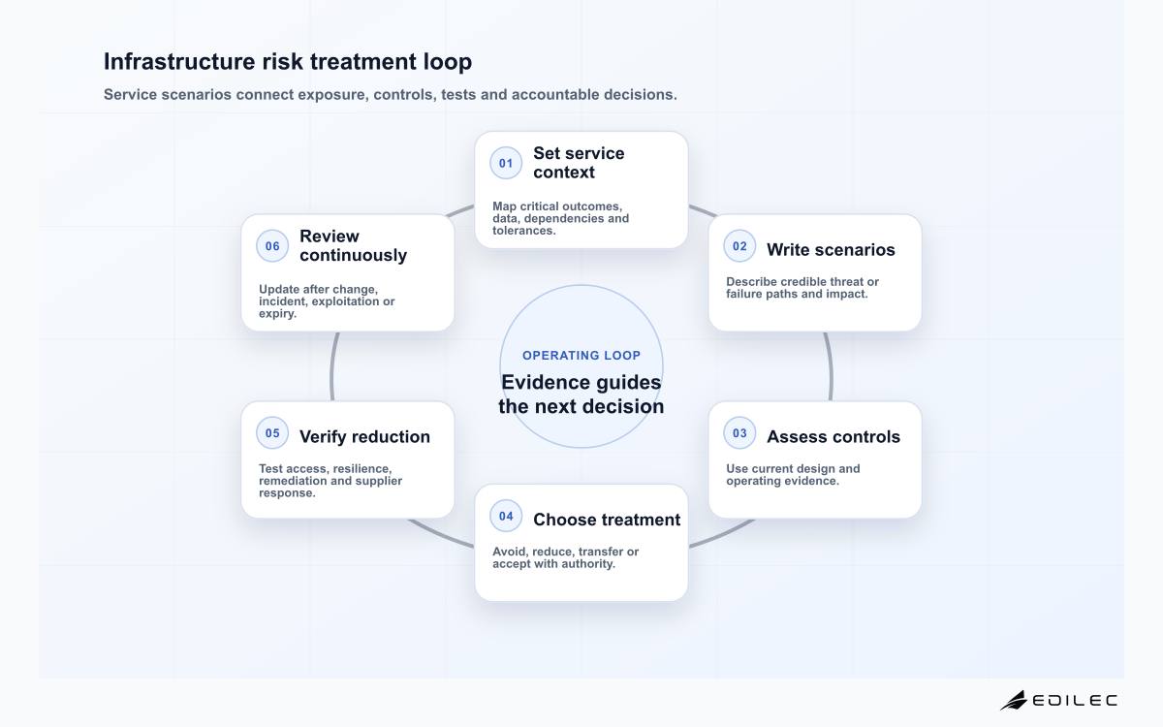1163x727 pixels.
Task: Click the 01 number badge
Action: click(x=506, y=163)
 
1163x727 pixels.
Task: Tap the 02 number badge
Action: click(x=739, y=246)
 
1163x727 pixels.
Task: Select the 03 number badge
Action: click(x=739, y=433)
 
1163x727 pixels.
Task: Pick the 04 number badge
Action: click(x=506, y=516)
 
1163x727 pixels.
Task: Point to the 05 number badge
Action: click(x=272, y=433)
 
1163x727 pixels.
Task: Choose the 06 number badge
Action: click(x=272, y=246)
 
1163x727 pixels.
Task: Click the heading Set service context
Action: click(x=579, y=163)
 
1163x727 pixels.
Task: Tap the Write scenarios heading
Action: click(x=831, y=250)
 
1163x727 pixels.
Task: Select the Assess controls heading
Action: click(x=833, y=437)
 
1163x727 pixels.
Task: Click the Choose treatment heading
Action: click(x=607, y=520)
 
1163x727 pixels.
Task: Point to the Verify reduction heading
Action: click(x=364, y=437)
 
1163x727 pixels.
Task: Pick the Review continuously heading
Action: click(x=353, y=245)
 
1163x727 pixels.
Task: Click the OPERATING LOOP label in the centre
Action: click(x=581, y=355)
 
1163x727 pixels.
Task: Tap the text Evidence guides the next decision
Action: click(x=581, y=395)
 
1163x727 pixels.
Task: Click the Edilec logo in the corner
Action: click(x=1058, y=701)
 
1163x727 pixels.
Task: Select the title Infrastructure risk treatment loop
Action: click(x=288, y=61)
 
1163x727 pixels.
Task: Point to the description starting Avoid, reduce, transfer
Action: click(x=565, y=557)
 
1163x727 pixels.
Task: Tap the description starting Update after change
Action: click(x=327, y=301)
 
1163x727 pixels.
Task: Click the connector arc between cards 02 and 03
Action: click(x=830, y=366)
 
